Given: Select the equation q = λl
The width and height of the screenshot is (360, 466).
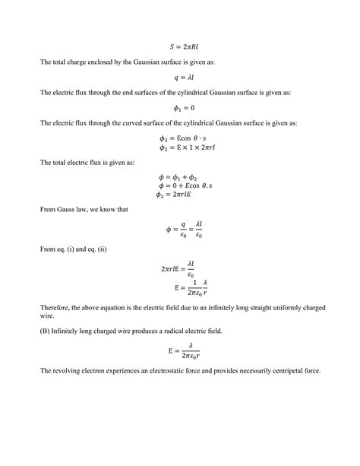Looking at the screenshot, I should (180, 78).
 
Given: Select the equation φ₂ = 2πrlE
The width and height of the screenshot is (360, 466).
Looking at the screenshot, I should (180, 196).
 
